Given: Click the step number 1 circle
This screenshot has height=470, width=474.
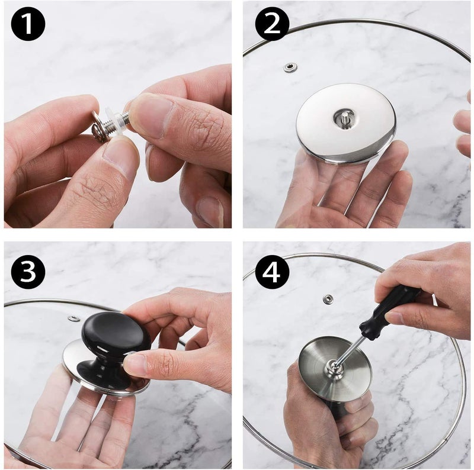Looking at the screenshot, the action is coord(28,24).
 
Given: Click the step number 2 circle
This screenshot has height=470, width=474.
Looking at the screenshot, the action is coord(272,24).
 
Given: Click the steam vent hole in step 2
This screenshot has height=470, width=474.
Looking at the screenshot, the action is coord(290,67).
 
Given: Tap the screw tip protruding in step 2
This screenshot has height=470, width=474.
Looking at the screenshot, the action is coord(345,116).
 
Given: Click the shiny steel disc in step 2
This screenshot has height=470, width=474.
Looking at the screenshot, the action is coord(346,124).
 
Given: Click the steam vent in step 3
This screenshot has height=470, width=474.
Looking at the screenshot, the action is coord(73,318).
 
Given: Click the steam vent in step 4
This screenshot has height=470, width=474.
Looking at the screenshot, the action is coord(327,299).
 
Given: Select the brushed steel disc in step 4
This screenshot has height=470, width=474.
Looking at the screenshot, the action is coord(335,369).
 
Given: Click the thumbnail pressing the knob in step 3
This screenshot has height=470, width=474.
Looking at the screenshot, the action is coord(134,364).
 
